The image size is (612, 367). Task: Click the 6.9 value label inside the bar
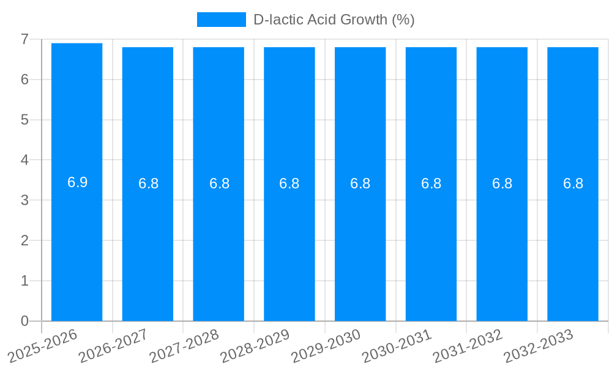78,182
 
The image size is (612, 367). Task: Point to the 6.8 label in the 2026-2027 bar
148,183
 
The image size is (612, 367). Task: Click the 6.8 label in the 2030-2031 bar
431,183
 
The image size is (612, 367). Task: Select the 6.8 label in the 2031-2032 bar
502,183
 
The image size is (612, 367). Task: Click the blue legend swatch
221,20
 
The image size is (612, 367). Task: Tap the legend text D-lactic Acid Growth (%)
334,20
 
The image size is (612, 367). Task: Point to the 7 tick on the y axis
24,39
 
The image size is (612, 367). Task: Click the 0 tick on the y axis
24,321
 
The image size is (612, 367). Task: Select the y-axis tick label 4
24,160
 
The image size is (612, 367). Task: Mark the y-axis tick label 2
24,240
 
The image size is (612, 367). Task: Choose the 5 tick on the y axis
24,120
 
